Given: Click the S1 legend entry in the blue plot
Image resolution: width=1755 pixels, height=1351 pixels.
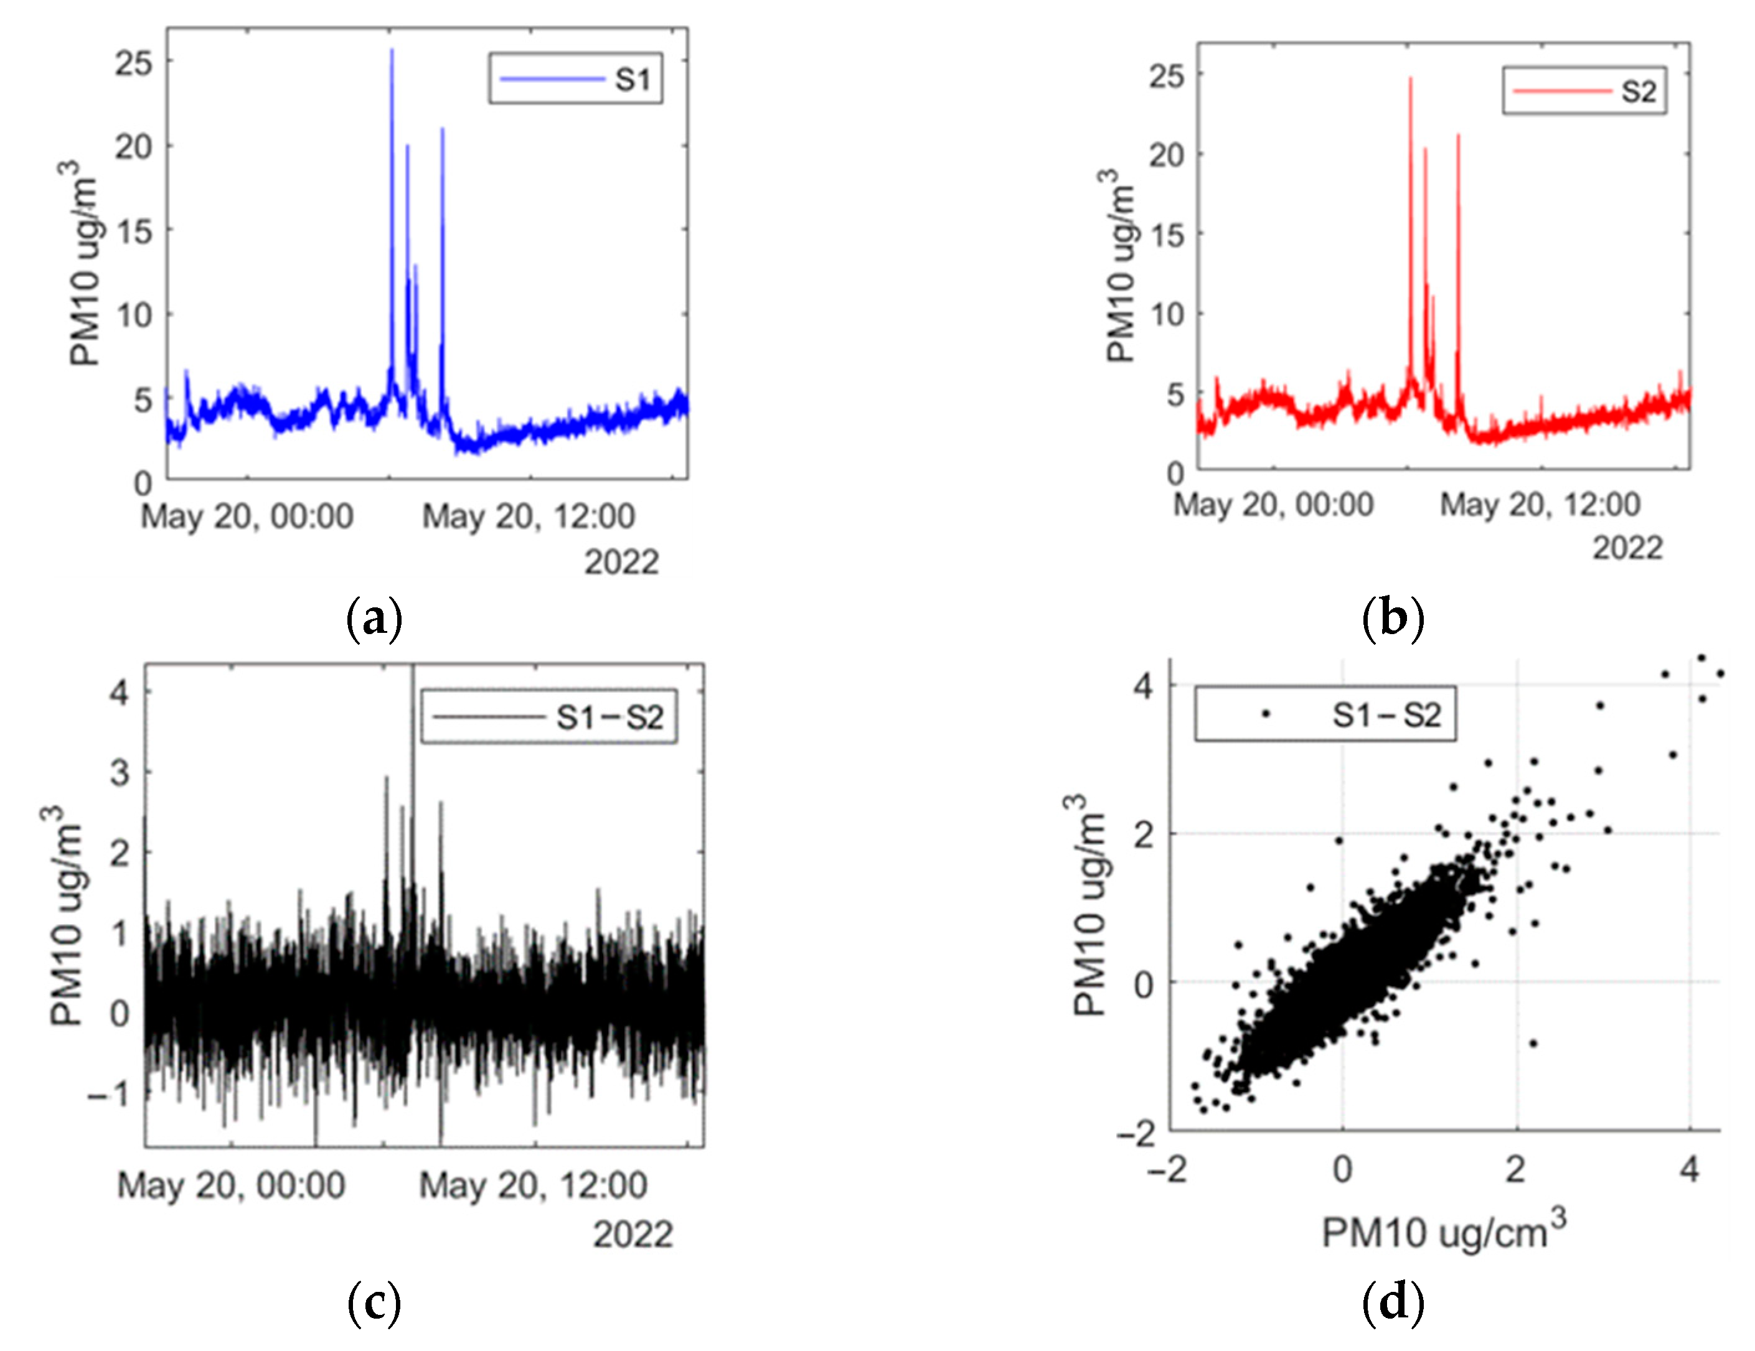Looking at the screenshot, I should pos(575,78).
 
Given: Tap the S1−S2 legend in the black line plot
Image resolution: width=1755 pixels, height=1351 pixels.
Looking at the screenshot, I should pos(549,716).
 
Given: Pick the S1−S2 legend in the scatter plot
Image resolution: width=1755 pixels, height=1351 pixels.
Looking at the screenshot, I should pos(1324,713).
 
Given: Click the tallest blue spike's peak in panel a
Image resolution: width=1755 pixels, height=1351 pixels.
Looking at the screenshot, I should pos(392,50).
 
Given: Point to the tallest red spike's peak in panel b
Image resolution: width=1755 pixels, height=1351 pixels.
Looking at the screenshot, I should pos(1410,78).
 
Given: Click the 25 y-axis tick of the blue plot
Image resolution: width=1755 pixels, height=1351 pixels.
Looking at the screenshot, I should pos(133,63).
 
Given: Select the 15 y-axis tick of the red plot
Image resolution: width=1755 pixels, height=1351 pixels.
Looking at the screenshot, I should pos(1167,235).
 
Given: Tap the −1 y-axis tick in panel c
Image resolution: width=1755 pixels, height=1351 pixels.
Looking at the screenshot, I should pos(108,1093).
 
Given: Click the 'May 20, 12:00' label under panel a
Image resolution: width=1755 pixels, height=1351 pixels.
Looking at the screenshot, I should pos(529,517).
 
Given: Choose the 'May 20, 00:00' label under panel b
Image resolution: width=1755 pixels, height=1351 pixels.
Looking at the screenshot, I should pos(1274,505).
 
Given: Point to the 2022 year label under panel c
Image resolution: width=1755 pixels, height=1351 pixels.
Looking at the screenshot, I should pos(633,1234).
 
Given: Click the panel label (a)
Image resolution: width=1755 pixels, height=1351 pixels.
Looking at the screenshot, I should pos(374,619).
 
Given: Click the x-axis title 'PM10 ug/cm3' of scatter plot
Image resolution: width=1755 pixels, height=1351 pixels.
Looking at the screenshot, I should pos(1444,1232).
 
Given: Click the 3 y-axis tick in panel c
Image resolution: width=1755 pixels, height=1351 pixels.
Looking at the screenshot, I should pos(120,773).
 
